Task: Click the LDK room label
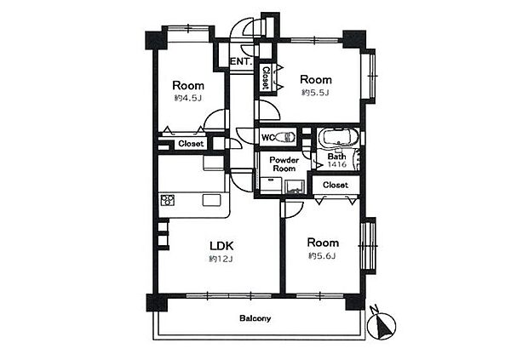(221, 246)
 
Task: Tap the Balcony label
(255, 318)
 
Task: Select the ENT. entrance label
(242, 61)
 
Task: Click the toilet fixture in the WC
(285, 137)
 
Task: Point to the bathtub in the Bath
(338, 138)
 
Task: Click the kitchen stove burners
(168, 200)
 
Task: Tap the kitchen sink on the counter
(212, 200)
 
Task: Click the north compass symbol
(382, 323)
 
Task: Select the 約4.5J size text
(187, 98)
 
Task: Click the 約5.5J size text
(315, 93)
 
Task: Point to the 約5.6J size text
(322, 256)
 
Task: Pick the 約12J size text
(221, 259)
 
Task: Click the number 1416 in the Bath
(337, 164)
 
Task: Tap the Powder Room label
(284, 164)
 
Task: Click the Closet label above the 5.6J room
(336, 185)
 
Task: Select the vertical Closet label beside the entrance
(266, 77)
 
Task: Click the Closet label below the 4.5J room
(191, 144)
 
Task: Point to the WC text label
(268, 138)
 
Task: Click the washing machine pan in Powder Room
(295, 187)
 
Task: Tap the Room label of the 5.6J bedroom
(323, 243)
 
